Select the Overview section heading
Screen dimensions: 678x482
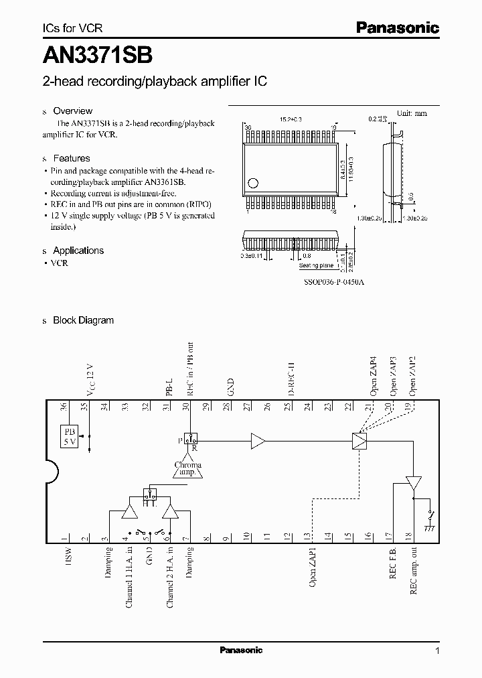pyautogui.click(x=72, y=111)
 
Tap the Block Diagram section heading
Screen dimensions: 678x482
pyautogui.click(x=83, y=320)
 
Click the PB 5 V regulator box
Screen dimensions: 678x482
pyautogui.click(x=69, y=436)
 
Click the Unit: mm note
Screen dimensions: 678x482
pyautogui.click(x=412, y=113)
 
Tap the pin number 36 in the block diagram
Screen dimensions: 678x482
pyautogui.click(x=64, y=406)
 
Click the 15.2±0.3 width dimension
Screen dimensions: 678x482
pyautogui.click(x=291, y=119)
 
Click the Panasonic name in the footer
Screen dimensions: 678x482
pyautogui.click(x=242, y=650)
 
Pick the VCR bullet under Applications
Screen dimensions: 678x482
pyautogui.click(x=60, y=263)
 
